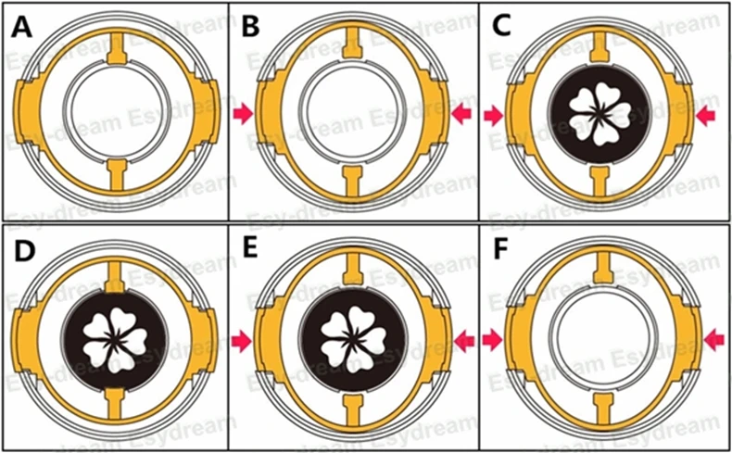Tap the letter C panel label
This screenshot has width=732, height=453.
(x=501, y=25)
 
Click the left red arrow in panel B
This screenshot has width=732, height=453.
(x=243, y=113)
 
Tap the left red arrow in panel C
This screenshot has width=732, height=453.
(x=492, y=115)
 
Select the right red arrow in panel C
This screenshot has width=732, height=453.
(x=706, y=115)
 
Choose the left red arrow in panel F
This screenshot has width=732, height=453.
(x=492, y=341)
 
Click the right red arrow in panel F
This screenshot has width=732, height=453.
(x=713, y=341)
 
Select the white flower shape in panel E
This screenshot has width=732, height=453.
(x=353, y=337)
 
